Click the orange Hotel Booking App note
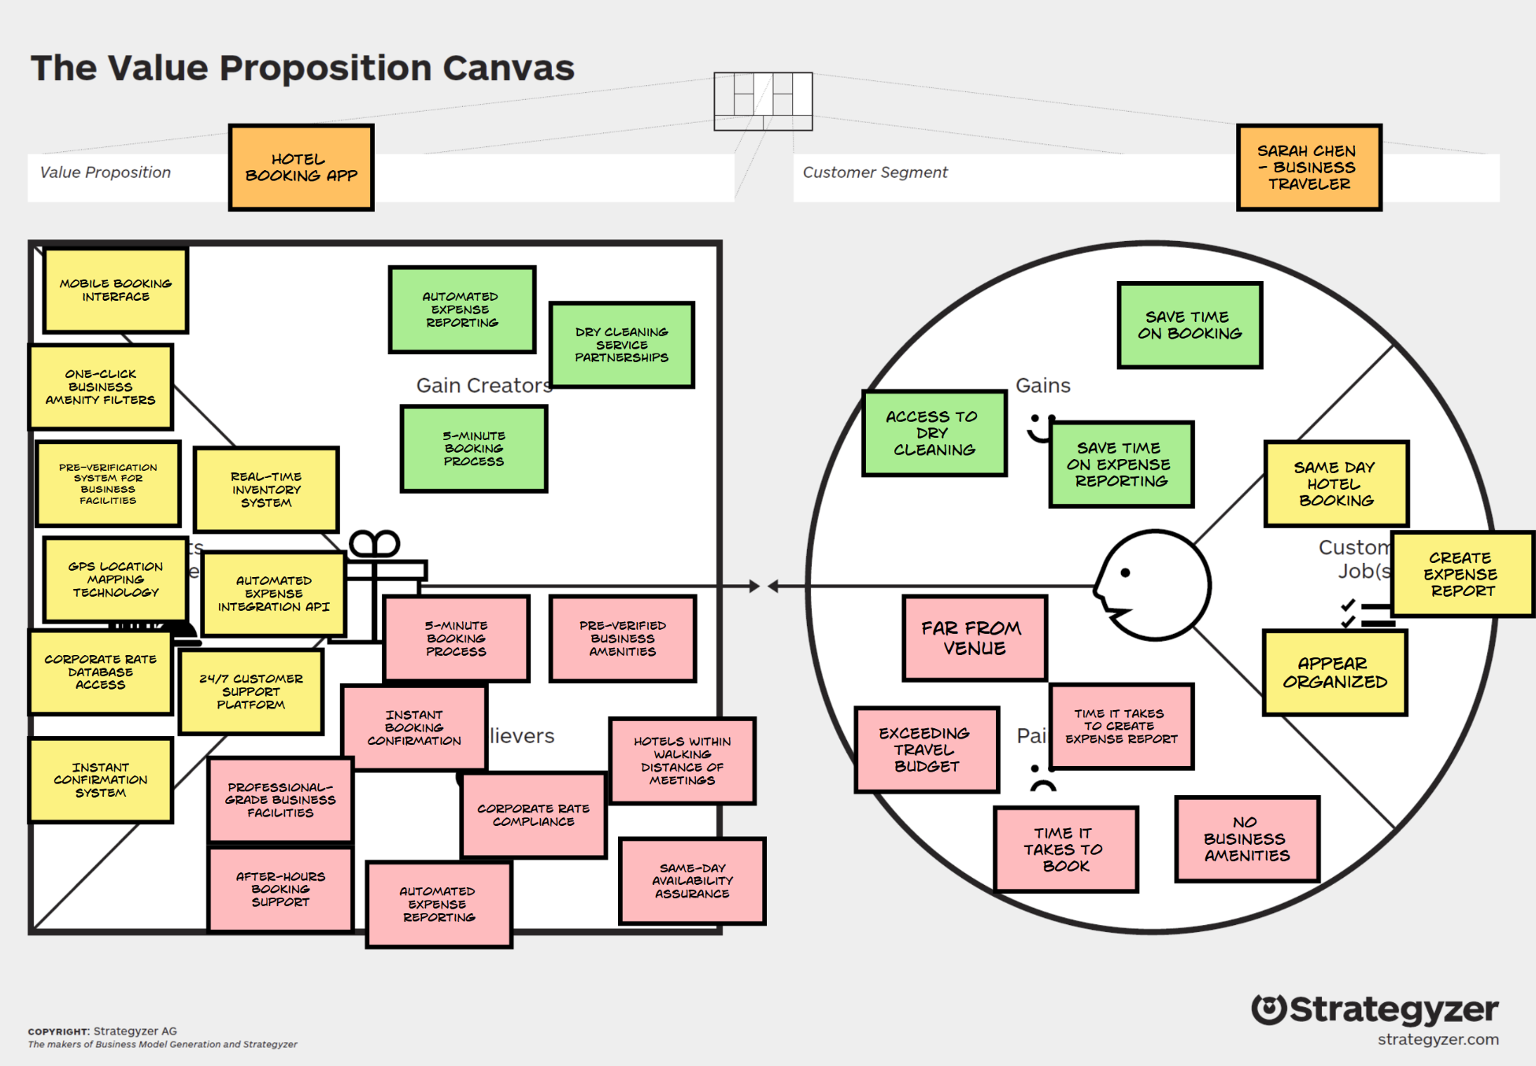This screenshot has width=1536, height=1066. [301, 168]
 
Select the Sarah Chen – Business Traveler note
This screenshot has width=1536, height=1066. [1308, 168]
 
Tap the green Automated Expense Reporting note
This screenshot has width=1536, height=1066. [462, 309]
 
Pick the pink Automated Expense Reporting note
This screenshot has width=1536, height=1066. [439, 905]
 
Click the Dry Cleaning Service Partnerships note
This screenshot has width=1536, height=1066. [621, 345]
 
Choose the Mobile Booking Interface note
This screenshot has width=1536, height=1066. [116, 291]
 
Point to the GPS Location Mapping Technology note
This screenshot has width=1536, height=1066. [116, 579]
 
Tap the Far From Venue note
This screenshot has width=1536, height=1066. [974, 638]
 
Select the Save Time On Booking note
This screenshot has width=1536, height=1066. [1190, 325]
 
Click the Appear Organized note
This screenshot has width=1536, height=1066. [1334, 672]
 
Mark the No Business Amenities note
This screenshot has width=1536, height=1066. [1247, 839]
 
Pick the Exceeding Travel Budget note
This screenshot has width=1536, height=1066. [926, 750]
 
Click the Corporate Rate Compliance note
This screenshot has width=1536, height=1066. [533, 815]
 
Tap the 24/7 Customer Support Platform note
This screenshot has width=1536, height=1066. [251, 691]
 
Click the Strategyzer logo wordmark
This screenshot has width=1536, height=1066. [1393, 1010]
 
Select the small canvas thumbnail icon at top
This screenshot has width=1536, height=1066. [763, 101]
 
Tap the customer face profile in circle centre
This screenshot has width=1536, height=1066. [1153, 585]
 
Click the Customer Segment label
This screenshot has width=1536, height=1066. [875, 172]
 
